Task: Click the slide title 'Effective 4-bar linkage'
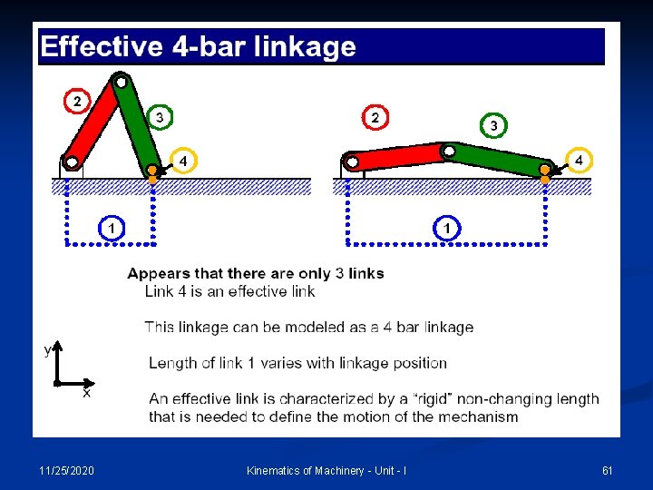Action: tap(198, 46)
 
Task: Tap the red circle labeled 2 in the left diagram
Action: tap(77, 101)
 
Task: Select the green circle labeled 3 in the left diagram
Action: tap(160, 117)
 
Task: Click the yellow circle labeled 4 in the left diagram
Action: tap(183, 161)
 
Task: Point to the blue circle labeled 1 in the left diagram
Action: tap(111, 228)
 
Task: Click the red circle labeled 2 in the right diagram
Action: tap(375, 117)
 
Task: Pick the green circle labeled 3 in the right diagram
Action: tap(493, 124)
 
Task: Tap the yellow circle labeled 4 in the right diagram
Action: tap(579, 161)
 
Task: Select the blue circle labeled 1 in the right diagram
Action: tap(446, 228)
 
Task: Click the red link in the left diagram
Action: tap(93, 123)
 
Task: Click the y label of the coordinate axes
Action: tap(48, 349)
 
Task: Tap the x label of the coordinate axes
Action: tap(86, 393)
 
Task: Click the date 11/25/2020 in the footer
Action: tap(65, 470)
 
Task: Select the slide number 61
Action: tap(608, 470)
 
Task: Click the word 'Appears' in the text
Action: tap(156, 273)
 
